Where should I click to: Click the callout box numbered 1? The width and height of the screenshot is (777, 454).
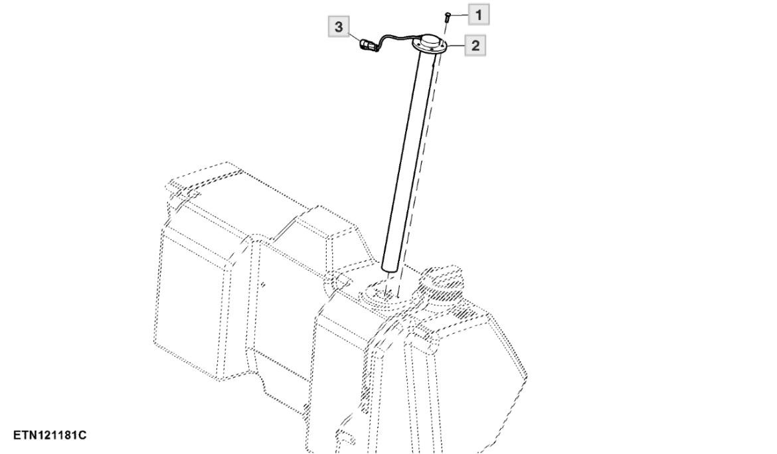tap(478, 15)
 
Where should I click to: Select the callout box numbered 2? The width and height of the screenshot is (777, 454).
tap(475, 46)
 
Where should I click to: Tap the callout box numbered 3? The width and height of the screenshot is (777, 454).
tap(339, 27)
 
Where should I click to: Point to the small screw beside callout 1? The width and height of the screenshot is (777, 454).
tap(448, 17)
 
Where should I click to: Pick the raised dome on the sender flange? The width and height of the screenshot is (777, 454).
tap(428, 40)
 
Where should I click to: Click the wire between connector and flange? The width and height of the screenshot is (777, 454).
tap(396, 37)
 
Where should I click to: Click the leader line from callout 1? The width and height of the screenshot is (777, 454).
tap(459, 15)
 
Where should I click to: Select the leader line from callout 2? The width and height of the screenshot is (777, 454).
tap(456, 46)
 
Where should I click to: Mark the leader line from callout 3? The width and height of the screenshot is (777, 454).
tap(355, 36)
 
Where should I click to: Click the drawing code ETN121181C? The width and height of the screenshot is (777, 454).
tap(50, 435)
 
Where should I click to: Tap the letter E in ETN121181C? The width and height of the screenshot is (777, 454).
tap(17, 435)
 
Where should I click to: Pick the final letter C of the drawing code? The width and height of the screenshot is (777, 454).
tap(83, 435)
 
